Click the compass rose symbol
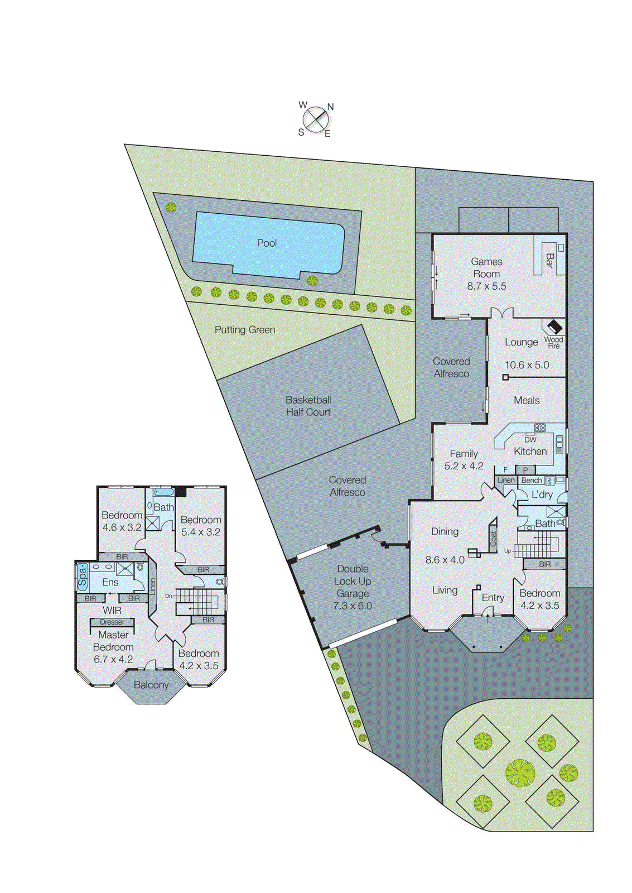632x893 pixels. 316,119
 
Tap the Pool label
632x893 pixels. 267,243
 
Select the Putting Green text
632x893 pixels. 245,330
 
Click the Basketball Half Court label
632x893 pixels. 308,406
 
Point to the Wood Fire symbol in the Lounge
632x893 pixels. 554,327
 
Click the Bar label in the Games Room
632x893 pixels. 549,260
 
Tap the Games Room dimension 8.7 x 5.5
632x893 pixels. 486,286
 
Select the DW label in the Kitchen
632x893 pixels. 530,439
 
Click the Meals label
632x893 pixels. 527,400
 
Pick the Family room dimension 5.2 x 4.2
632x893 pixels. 464,466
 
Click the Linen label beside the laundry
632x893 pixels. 506,480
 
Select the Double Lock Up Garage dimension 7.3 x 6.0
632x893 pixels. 353,606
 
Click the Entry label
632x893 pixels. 493,598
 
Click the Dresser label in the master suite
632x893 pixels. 112,622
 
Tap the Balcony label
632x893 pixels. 151,685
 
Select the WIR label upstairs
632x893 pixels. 112,611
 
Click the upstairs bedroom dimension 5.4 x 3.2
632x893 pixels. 200,532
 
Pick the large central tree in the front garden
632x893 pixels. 520,773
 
